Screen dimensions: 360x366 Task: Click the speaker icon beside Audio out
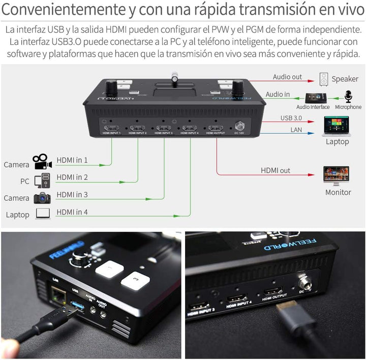[324, 79]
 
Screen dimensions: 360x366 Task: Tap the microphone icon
[348, 97]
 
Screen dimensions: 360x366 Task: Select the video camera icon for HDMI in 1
[42, 161]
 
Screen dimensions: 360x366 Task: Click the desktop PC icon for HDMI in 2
[42, 180]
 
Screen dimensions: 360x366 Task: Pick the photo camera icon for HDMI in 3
[42, 197]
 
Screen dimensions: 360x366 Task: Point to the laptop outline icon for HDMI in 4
[42, 214]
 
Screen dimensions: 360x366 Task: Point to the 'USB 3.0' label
[291, 118]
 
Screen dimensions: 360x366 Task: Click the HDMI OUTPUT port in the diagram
[215, 127]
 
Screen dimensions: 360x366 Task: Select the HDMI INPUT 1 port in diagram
[111, 128]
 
